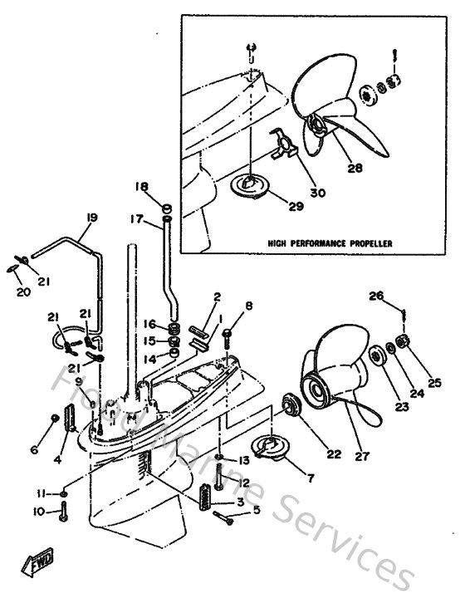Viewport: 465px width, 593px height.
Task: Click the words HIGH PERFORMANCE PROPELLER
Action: (x=330, y=243)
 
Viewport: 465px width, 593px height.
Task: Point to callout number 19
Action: (x=91, y=218)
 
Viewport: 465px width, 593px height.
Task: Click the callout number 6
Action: (x=34, y=450)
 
